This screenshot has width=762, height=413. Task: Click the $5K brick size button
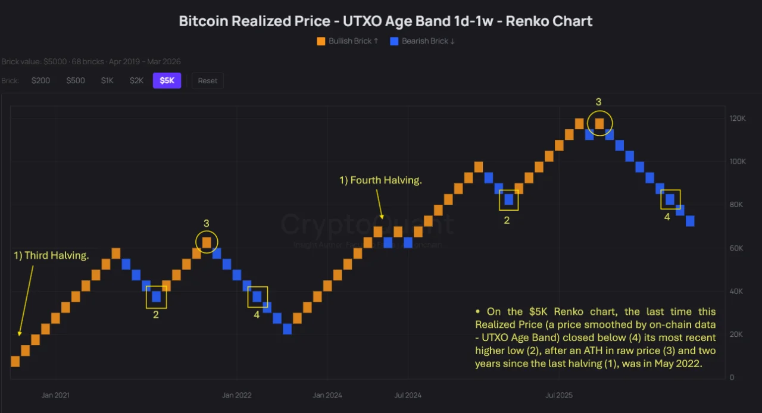tap(167, 80)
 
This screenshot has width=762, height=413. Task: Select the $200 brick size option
tap(40, 80)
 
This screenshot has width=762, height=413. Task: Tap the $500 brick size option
tap(76, 80)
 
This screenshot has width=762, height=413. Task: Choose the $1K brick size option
tap(107, 80)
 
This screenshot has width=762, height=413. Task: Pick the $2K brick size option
tap(136, 80)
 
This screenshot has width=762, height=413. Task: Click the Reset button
tap(208, 80)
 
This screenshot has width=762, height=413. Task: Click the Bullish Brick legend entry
tap(348, 41)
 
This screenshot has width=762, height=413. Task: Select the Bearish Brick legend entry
tap(422, 41)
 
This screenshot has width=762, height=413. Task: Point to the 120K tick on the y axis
tap(738, 118)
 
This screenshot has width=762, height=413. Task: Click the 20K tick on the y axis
tap(738, 334)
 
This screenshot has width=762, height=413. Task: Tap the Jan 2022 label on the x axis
tap(237, 395)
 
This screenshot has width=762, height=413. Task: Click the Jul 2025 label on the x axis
tap(559, 395)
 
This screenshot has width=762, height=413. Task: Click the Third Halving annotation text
tap(51, 256)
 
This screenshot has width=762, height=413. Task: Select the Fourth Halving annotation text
tap(380, 180)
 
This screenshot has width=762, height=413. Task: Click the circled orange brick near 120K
tap(599, 123)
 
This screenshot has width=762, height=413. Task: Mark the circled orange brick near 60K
tap(207, 242)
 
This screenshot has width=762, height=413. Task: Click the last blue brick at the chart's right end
tap(690, 221)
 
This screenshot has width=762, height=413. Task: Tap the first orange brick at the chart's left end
tap(15, 361)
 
